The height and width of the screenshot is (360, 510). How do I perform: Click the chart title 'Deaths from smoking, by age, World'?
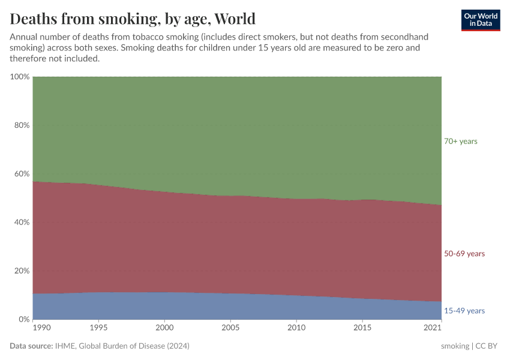pyautogui.click(x=133, y=19)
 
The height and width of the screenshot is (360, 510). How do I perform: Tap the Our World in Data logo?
pyautogui.click(x=481, y=20)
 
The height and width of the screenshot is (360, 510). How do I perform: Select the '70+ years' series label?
pyautogui.click(x=460, y=141)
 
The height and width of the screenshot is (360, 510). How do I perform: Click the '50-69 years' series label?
pyautogui.click(x=464, y=254)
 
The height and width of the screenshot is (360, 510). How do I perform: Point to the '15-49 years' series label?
pyautogui.click(x=464, y=311)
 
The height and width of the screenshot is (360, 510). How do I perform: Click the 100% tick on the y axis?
pyautogui.click(x=20, y=77)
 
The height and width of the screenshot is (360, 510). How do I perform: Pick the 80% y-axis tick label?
pyautogui.click(x=22, y=125)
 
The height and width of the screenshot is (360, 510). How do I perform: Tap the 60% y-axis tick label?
pyautogui.click(x=22, y=174)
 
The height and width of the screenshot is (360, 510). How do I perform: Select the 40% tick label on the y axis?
pyautogui.click(x=22, y=223)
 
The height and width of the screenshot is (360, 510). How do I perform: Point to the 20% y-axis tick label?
pyautogui.click(x=22, y=271)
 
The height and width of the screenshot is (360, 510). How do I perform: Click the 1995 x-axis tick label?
pyautogui.click(x=98, y=328)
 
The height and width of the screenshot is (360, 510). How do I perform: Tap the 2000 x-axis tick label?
pyautogui.click(x=164, y=328)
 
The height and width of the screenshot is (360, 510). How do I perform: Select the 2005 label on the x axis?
pyautogui.click(x=230, y=328)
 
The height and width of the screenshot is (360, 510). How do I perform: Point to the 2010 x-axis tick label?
pyautogui.click(x=296, y=328)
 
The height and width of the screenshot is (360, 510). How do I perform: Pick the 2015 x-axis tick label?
pyautogui.click(x=362, y=328)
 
